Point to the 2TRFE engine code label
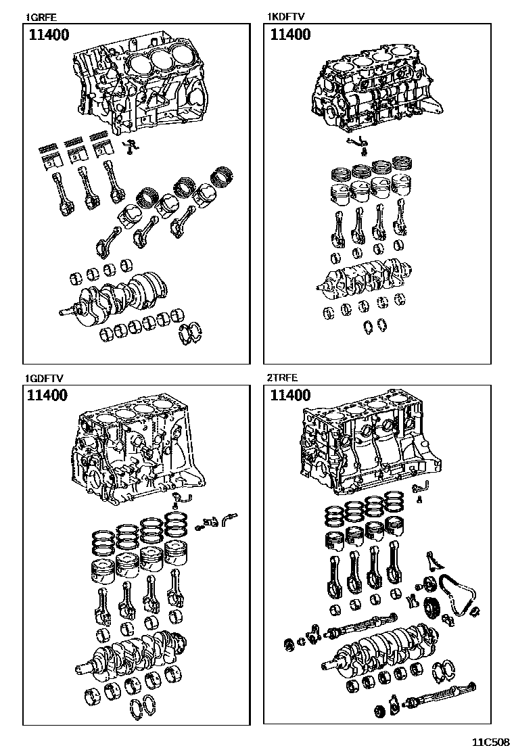(x=283, y=379)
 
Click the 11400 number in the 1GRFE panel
(x=48, y=36)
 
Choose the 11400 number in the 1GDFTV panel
(x=48, y=396)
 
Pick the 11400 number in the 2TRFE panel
(x=290, y=396)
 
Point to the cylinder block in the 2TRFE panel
(x=369, y=450)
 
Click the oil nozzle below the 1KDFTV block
(x=357, y=142)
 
